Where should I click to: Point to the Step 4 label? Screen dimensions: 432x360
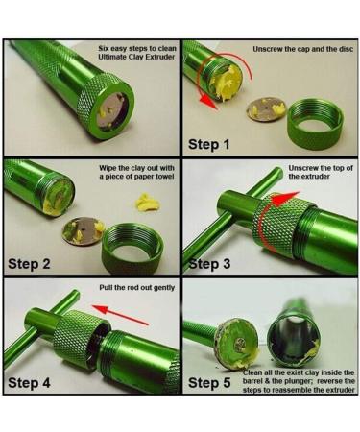[35, 381]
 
